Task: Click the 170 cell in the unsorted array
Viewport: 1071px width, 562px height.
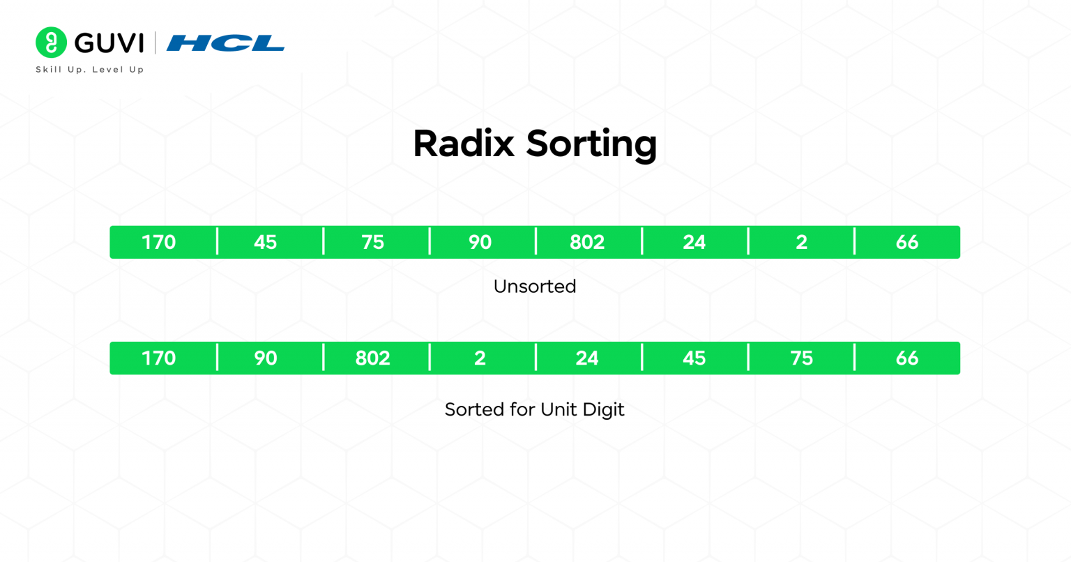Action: point(159,242)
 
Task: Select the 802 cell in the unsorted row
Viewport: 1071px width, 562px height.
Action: point(587,242)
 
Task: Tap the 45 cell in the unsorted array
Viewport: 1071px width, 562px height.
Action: point(266,242)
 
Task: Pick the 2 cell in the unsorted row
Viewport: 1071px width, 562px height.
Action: point(801,242)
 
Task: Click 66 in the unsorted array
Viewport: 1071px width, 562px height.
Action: point(907,242)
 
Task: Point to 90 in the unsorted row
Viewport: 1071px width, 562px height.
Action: point(480,242)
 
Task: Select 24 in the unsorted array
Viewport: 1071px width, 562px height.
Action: point(694,242)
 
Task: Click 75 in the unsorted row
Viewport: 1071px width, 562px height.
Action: point(373,242)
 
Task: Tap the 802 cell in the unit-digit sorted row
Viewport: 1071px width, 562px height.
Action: point(373,358)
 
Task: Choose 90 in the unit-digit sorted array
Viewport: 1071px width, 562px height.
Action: point(266,358)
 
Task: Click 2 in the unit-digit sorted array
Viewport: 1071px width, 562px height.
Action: point(480,358)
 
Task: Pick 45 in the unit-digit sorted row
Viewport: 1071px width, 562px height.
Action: point(694,358)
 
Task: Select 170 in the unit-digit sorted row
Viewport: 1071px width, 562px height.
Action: point(159,358)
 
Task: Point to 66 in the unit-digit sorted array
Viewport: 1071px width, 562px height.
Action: point(907,358)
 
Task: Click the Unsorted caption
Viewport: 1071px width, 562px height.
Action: point(535,287)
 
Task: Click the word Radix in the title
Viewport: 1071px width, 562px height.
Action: point(463,144)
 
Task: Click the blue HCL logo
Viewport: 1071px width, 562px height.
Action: point(225,43)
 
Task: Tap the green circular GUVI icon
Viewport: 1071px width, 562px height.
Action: point(51,43)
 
